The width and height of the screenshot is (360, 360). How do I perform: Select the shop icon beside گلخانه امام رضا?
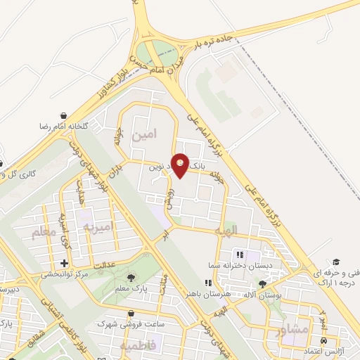coord(64,115)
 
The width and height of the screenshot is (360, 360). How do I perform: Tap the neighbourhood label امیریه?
coord(98,226)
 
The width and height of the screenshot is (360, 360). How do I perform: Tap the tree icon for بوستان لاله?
coord(262,285)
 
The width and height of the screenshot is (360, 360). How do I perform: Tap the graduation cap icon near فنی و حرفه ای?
coord(337,262)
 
